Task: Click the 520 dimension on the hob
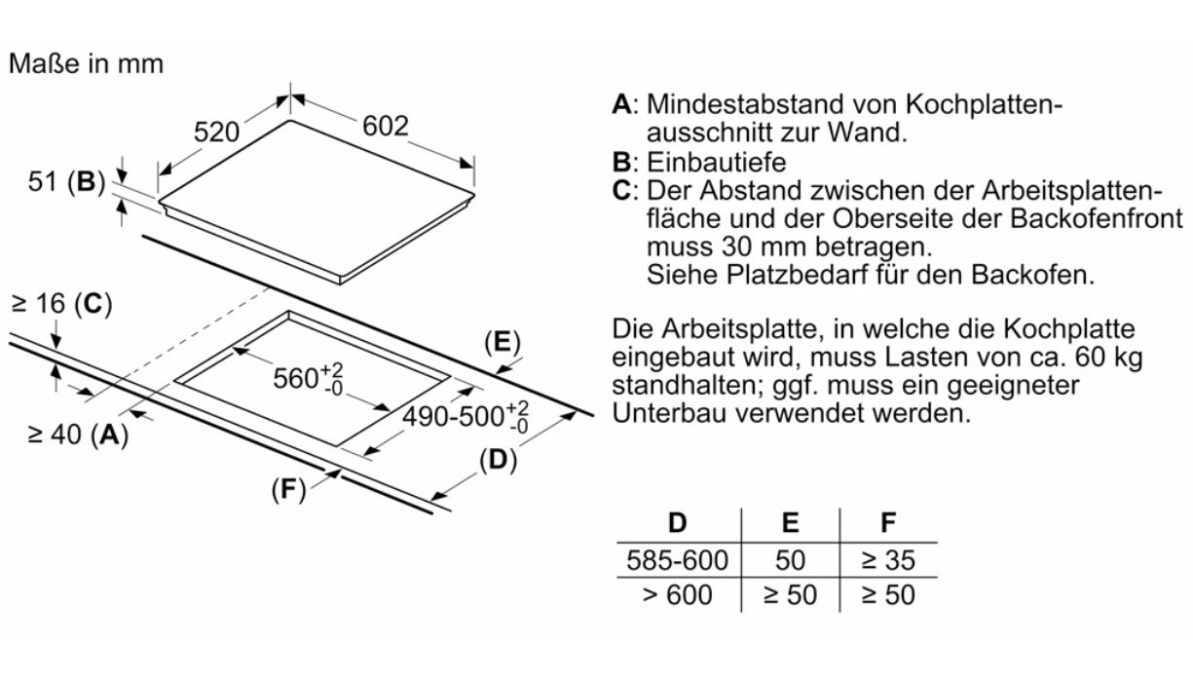(x=216, y=133)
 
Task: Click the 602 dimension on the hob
(x=385, y=127)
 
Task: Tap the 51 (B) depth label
(x=66, y=182)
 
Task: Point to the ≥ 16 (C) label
(x=61, y=305)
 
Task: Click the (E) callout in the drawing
(x=503, y=342)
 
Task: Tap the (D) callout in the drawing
(x=498, y=461)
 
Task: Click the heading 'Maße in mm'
(x=86, y=64)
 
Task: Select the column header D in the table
(x=678, y=522)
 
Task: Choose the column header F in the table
(x=887, y=522)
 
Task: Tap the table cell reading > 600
(x=679, y=594)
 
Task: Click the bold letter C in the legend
(x=621, y=190)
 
